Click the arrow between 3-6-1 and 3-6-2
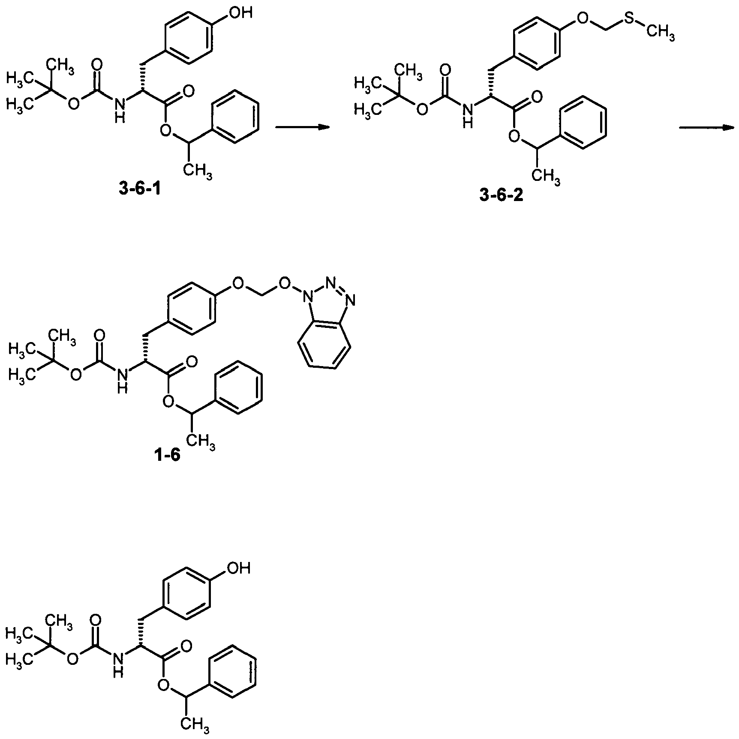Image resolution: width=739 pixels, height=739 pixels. (x=302, y=127)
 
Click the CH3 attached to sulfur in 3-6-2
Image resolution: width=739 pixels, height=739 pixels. (x=661, y=33)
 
